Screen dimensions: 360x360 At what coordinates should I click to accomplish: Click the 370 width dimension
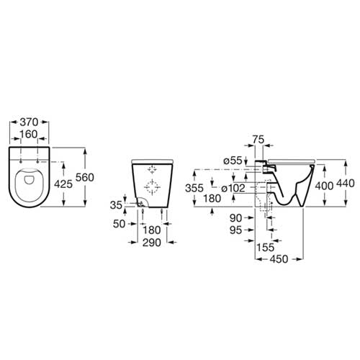coord(29,122)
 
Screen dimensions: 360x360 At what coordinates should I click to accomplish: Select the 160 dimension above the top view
coord(29,135)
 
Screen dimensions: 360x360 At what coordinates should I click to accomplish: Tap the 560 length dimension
coord(84,178)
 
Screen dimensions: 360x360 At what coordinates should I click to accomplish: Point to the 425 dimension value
coord(63,184)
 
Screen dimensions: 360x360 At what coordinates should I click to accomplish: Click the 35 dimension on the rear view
coord(116,205)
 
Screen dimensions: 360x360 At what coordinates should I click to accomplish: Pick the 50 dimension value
coord(119,224)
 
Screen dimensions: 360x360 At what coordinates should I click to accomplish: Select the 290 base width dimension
coord(152,243)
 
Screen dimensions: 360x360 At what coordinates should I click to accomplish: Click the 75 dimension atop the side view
coord(258,140)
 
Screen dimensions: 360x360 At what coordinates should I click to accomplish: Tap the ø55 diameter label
coord(233,161)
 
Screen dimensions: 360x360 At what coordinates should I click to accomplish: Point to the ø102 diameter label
coord(233,188)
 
